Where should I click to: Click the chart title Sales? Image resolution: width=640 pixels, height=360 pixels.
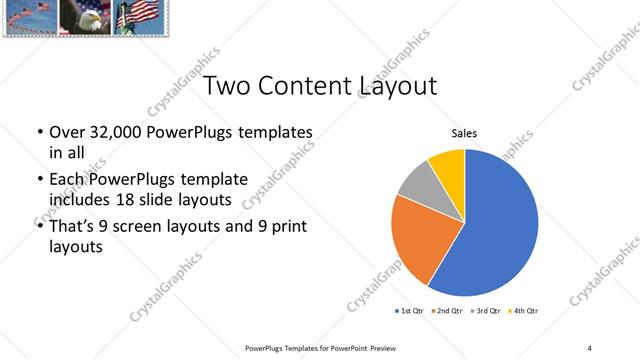coord(464,131)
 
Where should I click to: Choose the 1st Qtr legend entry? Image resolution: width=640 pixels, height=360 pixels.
coord(410,311)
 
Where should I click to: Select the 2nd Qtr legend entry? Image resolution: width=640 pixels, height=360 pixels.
coord(446,311)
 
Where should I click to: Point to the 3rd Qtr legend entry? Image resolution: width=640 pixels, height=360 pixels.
coord(484,311)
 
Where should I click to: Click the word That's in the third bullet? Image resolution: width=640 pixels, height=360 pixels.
coord(71,226)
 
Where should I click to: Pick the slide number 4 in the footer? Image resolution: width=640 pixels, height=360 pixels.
coord(589,347)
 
